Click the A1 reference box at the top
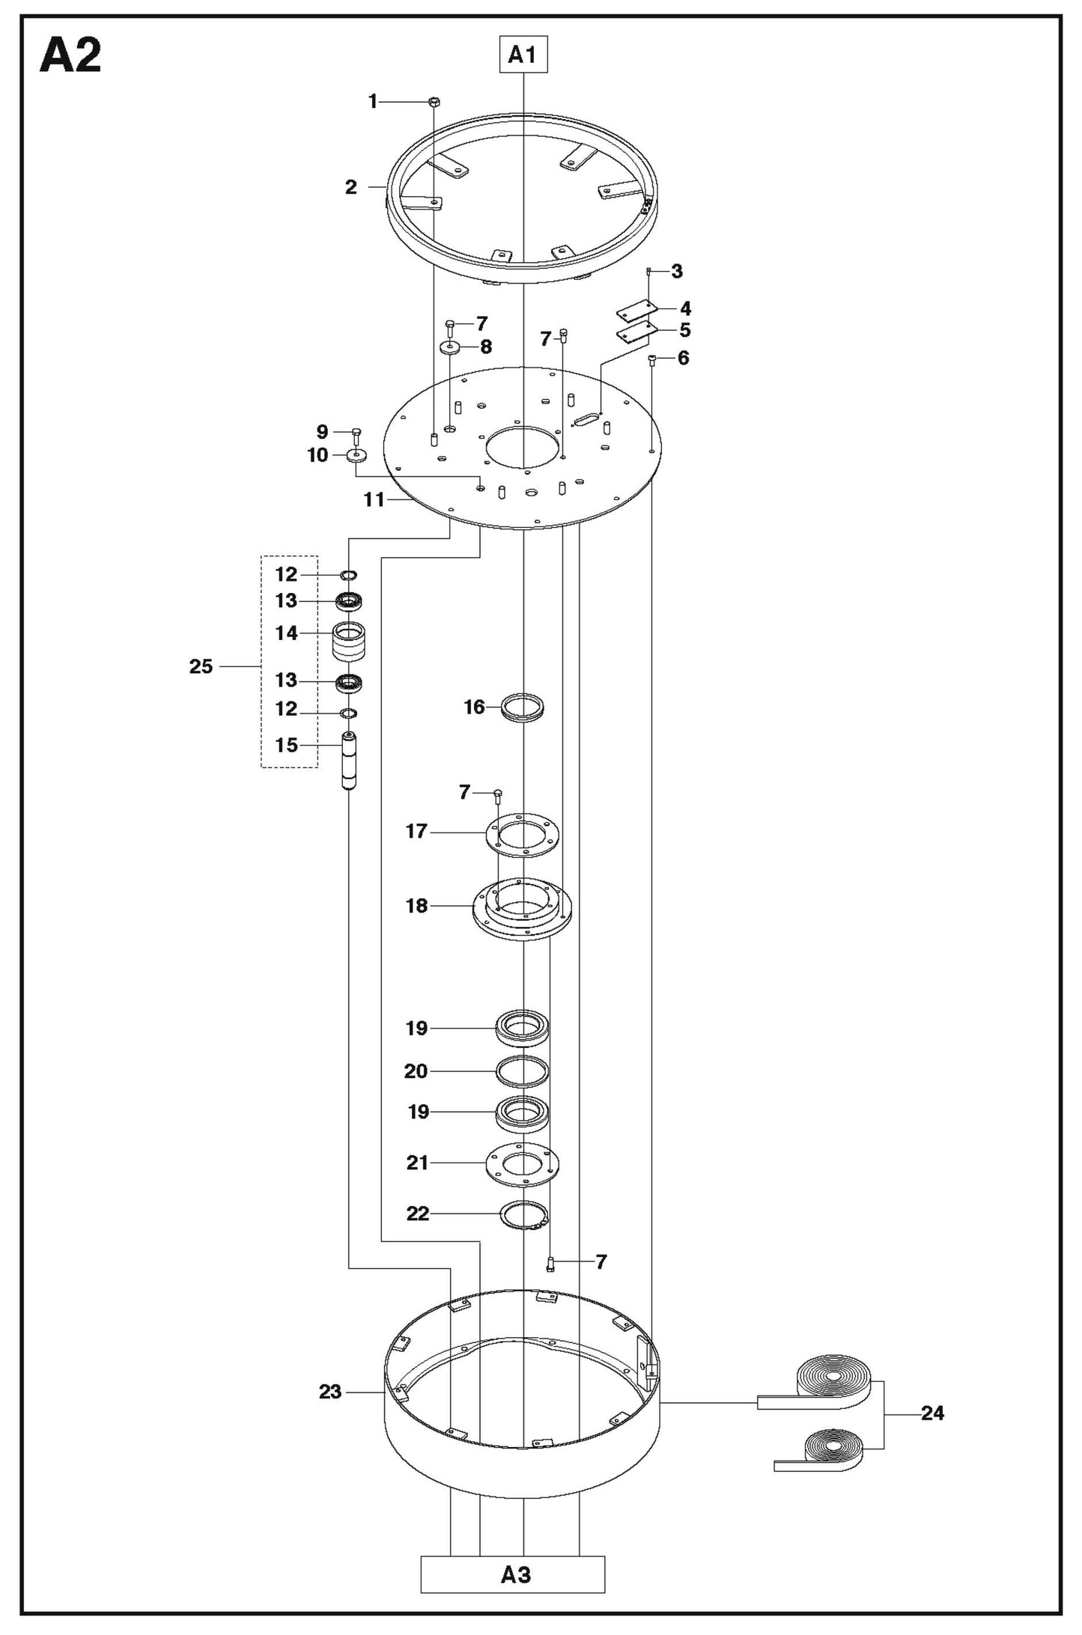point(523,55)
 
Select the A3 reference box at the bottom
point(513,1576)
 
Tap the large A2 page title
point(70,56)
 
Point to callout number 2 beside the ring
point(351,187)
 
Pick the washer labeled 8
point(452,347)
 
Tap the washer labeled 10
point(357,455)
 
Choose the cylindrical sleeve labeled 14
point(349,642)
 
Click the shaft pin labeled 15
point(349,761)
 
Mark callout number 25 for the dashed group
point(201,666)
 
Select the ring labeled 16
point(523,707)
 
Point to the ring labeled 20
point(523,1071)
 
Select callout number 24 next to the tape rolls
point(933,1413)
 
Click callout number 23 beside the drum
point(330,1392)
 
